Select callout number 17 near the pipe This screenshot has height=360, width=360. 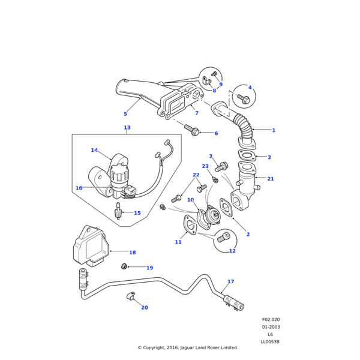point(230,281)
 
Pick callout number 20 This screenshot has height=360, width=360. point(144,308)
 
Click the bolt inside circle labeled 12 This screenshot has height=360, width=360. point(223,238)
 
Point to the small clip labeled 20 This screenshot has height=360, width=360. point(130,296)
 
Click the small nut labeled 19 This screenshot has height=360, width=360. point(124,266)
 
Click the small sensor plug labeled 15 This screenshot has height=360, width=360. point(118,211)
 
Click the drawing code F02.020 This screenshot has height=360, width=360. point(271,320)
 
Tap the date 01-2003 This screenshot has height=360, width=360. point(271,327)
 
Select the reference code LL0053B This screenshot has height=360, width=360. point(270,342)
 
